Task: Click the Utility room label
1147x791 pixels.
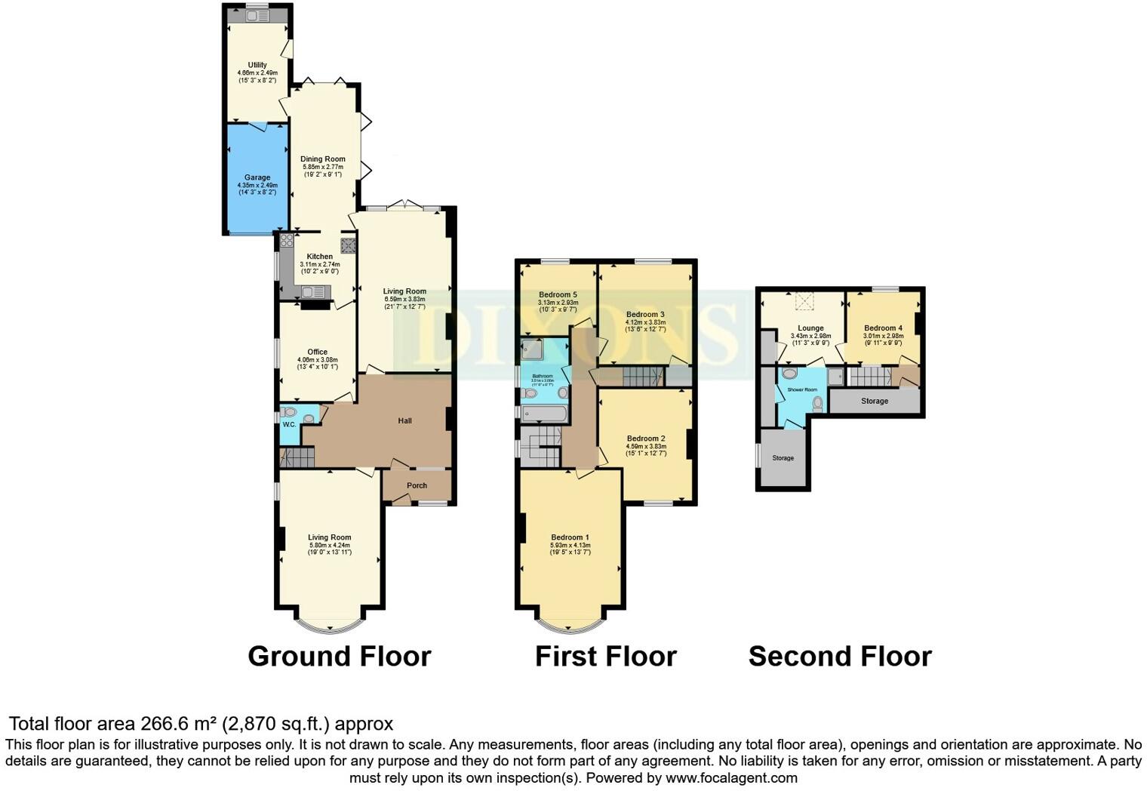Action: tap(257, 65)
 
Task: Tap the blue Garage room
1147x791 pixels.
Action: tap(257, 181)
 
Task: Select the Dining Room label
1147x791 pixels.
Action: tap(323, 159)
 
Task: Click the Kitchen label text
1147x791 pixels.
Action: tap(319, 257)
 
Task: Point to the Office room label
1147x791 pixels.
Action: tap(317, 352)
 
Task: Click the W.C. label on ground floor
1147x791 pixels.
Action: tap(289, 425)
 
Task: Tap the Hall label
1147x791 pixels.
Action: tap(404, 420)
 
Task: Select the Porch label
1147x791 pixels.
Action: tap(417, 485)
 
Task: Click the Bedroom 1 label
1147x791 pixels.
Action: tap(570, 537)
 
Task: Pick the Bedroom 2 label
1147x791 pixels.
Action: tap(645, 439)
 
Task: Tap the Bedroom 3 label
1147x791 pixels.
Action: tap(645, 314)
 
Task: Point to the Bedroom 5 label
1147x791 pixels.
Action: tap(558, 295)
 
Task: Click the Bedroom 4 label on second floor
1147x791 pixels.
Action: tap(883, 328)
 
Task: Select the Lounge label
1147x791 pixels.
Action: tap(810, 328)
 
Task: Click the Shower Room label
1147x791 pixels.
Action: tap(802, 389)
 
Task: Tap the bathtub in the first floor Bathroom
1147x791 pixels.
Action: tap(541, 413)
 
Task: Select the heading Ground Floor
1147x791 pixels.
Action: tap(339, 656)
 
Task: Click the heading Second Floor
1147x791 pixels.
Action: tap(839, 656)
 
